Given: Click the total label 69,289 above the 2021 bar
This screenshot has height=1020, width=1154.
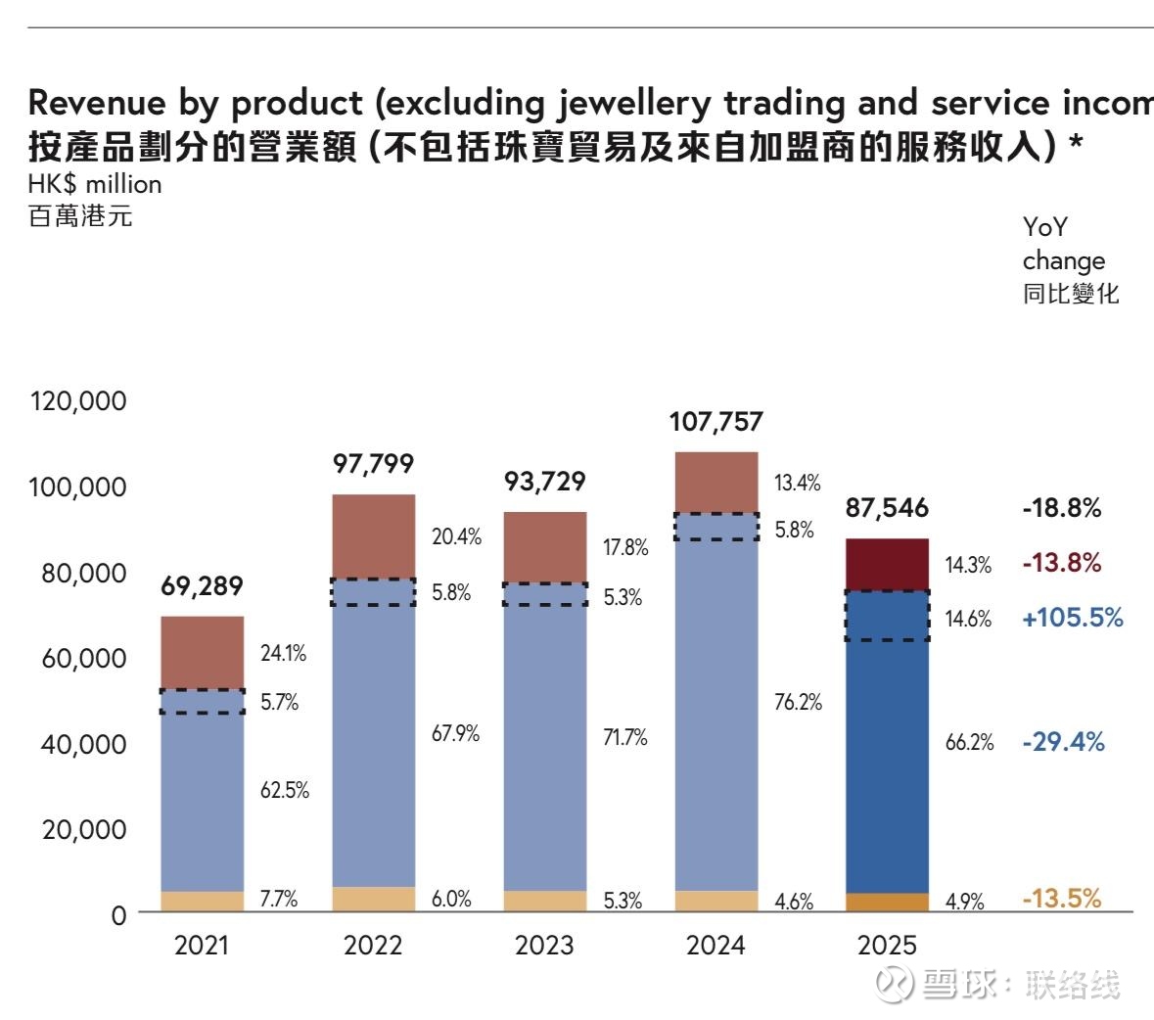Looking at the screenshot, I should (x=202, y=586).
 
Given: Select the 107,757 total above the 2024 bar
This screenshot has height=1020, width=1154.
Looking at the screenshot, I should (x=715, y=422).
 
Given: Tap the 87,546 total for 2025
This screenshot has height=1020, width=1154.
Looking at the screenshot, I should (x=887, y=508).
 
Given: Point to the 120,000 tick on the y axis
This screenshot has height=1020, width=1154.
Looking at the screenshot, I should (x=78, y=400).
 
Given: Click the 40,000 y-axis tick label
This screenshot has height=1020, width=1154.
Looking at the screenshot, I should (x=84, y=744).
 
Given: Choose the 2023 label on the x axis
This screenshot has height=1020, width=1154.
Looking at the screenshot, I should (x=544, y=945).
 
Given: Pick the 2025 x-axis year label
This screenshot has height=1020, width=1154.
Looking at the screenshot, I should (x=887, y=945).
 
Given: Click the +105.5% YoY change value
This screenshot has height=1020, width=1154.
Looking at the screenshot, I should (x=1072, y=618).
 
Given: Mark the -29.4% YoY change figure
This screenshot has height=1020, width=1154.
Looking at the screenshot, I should (x=1063, y=742).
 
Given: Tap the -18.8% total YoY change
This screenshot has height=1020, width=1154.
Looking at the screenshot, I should (x=1062, y=508).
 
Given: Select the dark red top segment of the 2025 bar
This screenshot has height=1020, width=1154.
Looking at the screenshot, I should (x=887, y=564).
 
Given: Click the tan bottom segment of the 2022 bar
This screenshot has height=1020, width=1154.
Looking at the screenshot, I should (x=374, y=899).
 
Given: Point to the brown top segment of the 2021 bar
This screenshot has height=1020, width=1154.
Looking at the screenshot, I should (x=202, y=652).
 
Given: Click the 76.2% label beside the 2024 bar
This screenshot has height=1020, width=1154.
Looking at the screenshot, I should (x=798, y=702).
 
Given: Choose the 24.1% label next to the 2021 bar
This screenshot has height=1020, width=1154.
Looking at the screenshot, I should (x=283, y=653).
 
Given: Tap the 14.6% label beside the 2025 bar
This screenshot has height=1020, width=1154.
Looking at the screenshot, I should (x=968, y=619).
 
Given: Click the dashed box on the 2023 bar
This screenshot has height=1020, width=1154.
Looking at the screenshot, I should (x=545, y=594).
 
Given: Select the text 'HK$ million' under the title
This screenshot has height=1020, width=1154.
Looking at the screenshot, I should (x=95, y=184).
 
